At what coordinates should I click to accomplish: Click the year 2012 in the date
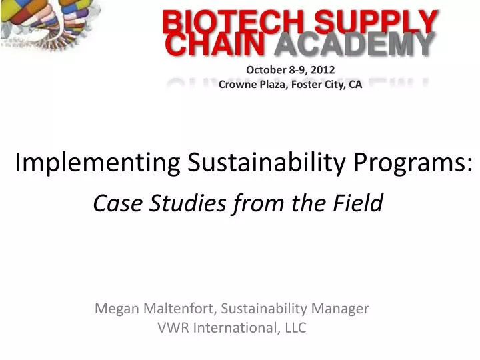point(323,69)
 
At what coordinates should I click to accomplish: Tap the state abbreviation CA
point(355,85)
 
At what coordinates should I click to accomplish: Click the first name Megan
point(115,309)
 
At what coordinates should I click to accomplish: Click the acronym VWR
point(173,327)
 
